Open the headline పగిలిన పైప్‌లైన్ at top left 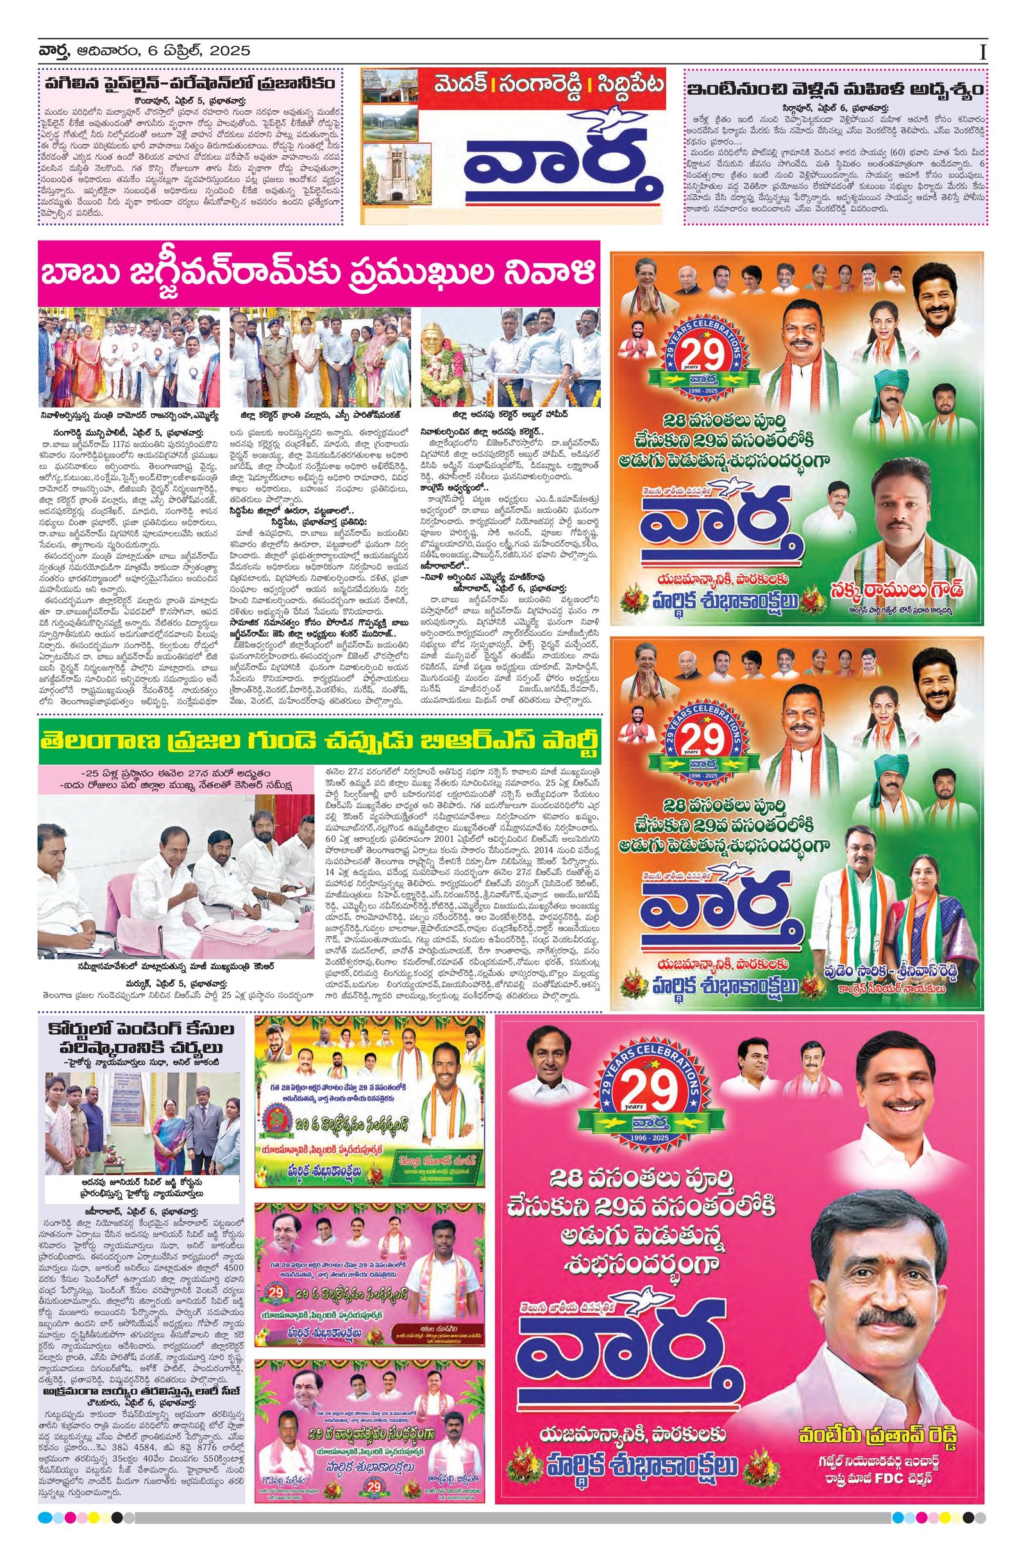pos(190,84)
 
